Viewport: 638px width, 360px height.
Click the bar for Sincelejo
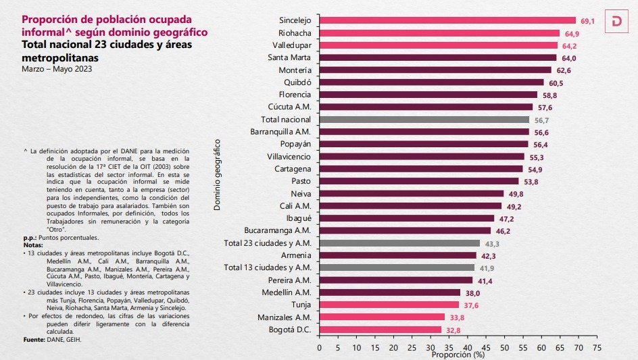coord(446,21)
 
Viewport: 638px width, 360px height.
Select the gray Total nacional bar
coord(424,120)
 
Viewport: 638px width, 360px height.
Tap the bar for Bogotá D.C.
coord(380,330)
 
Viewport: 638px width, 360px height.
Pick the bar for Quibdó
coord(431,82)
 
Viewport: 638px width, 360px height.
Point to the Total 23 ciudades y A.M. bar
coord(399,243)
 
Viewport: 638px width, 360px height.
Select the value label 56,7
coord(542,120)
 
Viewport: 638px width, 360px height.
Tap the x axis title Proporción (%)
coord(458,354)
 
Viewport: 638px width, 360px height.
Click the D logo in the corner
coord(616,21)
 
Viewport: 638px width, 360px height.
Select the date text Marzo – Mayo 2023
coord(57,70)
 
